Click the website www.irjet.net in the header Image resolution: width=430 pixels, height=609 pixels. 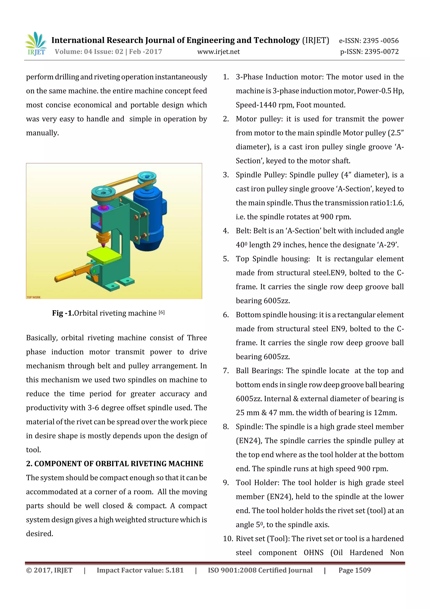coord(218,52)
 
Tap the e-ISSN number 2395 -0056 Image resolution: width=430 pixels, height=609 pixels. coord(380,41)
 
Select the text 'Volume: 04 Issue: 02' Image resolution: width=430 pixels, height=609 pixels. coord(89,52)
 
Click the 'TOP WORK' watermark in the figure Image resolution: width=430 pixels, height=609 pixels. coord(34,297)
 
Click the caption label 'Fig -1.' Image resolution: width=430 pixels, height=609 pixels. coord(63,313)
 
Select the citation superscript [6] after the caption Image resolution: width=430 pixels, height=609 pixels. coord(162,312)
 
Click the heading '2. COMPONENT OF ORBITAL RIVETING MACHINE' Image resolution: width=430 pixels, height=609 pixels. coord(114,464)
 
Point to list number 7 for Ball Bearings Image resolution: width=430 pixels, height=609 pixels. coord(226,371)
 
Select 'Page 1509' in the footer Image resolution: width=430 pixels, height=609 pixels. coord(354,570)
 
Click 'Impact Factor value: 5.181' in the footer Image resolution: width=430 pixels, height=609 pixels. coord(140,570)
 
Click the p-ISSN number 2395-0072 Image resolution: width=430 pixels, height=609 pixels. coord(381,52)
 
